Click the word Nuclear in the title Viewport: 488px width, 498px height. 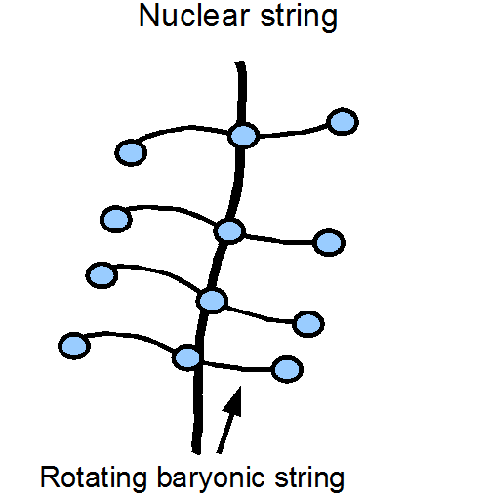coord(194,16)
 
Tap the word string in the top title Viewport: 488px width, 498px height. coord(299,19)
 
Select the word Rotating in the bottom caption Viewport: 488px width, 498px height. coord(94,477)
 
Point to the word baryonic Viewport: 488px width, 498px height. coord(211,477)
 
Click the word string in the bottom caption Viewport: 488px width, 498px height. coord(309,477)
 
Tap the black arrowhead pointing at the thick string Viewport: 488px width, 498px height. coord(233,402)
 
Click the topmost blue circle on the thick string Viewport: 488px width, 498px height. coord(243,136)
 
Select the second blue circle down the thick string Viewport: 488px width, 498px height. coord(229,230)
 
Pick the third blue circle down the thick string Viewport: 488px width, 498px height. coord(212,301)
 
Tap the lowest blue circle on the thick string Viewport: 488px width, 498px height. coord(187,357)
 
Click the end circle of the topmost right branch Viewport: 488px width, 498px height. coord(343,122)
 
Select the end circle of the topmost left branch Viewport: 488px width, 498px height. coord(131,152)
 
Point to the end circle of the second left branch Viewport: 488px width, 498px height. coord(116,219)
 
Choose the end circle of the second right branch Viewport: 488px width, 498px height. coord(329,242)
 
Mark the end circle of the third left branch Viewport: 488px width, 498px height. coord(102,275)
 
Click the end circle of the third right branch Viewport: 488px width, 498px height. coord(308,324)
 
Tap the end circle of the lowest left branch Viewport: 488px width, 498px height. coord(74,346)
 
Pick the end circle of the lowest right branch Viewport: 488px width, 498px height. coord(287,369)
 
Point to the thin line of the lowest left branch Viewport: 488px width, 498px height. coord(130,336)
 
